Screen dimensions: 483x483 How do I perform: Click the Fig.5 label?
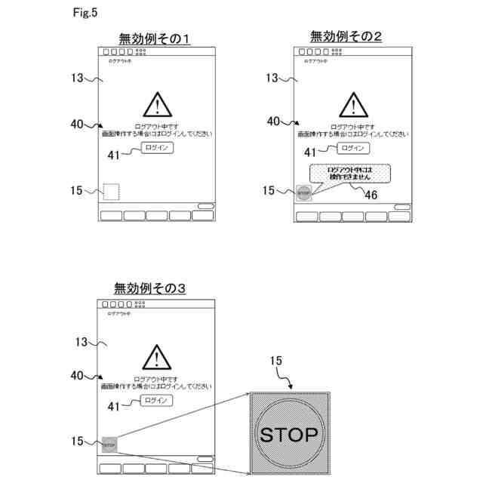(x=85, y=13)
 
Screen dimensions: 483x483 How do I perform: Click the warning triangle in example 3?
(x=157, y=356)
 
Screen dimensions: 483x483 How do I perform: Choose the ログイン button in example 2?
(x=352, y=148)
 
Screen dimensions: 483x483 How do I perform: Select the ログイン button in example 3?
(x=157, y=400)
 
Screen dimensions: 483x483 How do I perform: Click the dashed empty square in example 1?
(x=111, y=192)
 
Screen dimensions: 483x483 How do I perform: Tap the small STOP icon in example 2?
(x=303, y=192)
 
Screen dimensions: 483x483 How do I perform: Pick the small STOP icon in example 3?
(x=109, y=444)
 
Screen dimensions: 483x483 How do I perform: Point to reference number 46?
(x=371, y=195)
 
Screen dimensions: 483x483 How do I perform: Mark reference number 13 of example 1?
(x=77, y=78)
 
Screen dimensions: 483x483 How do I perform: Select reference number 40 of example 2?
(x=274, y=121)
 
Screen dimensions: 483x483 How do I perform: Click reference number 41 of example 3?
(x=114, y=406)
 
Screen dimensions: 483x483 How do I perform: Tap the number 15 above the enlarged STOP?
(x=276, y=362)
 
